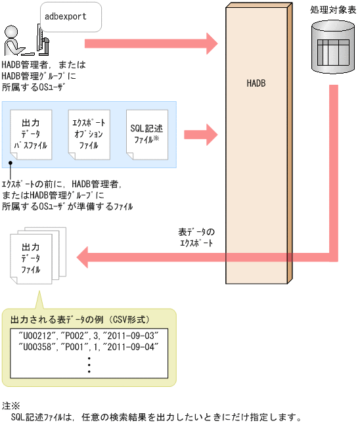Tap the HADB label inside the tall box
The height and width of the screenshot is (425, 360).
256,83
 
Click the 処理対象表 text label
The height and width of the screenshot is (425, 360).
333,11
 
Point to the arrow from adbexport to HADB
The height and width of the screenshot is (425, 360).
150,44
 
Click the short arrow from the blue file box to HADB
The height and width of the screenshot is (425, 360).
201,134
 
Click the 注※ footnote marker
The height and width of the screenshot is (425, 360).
12,405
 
